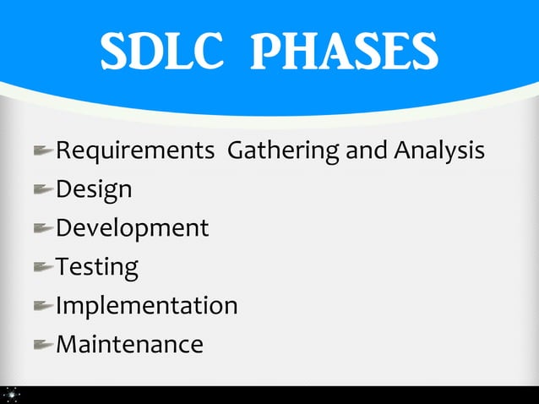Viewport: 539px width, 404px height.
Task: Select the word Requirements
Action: pyautogui.click(x=134, y=150)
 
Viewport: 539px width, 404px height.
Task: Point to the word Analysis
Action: pyautogui.click(x=439, y=150)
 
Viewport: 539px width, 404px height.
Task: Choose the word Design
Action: pyautogui.click(x=94, y=189)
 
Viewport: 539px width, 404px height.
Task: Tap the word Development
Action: pyautogui.click(x=132, y=227)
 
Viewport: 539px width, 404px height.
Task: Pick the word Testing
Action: pyautogui.click(x=96, y=267)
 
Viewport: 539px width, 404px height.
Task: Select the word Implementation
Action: pyautogui.click(x=146, y=305)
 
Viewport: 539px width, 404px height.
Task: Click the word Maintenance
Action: pyautogui.click(x=129, y=344)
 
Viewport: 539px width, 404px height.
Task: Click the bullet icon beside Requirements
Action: pyautogui.click(x=43, y=151)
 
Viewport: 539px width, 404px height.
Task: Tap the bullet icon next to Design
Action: pyautogui.click(x=43, y=190)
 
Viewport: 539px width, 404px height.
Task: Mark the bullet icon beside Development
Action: pyautogui.click(x=43, y=228)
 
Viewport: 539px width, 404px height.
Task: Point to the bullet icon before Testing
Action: pyautogui.click(x=43, y=267)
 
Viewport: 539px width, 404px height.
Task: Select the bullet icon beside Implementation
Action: pyautogui.click(x=43, y=305)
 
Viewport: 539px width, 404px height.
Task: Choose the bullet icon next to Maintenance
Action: pyautogui.click(x=43, y=344)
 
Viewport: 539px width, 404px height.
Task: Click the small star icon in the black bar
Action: pyautogui.click(x=11, y=394)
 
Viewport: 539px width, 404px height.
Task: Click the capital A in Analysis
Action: pyautogui.click(x=402, y=150)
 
